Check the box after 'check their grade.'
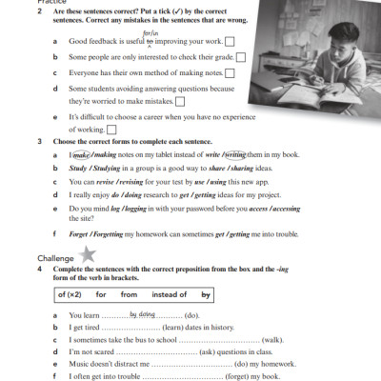240,57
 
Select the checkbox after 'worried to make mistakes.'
180,101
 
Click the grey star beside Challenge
89,253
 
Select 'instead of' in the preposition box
170,294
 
